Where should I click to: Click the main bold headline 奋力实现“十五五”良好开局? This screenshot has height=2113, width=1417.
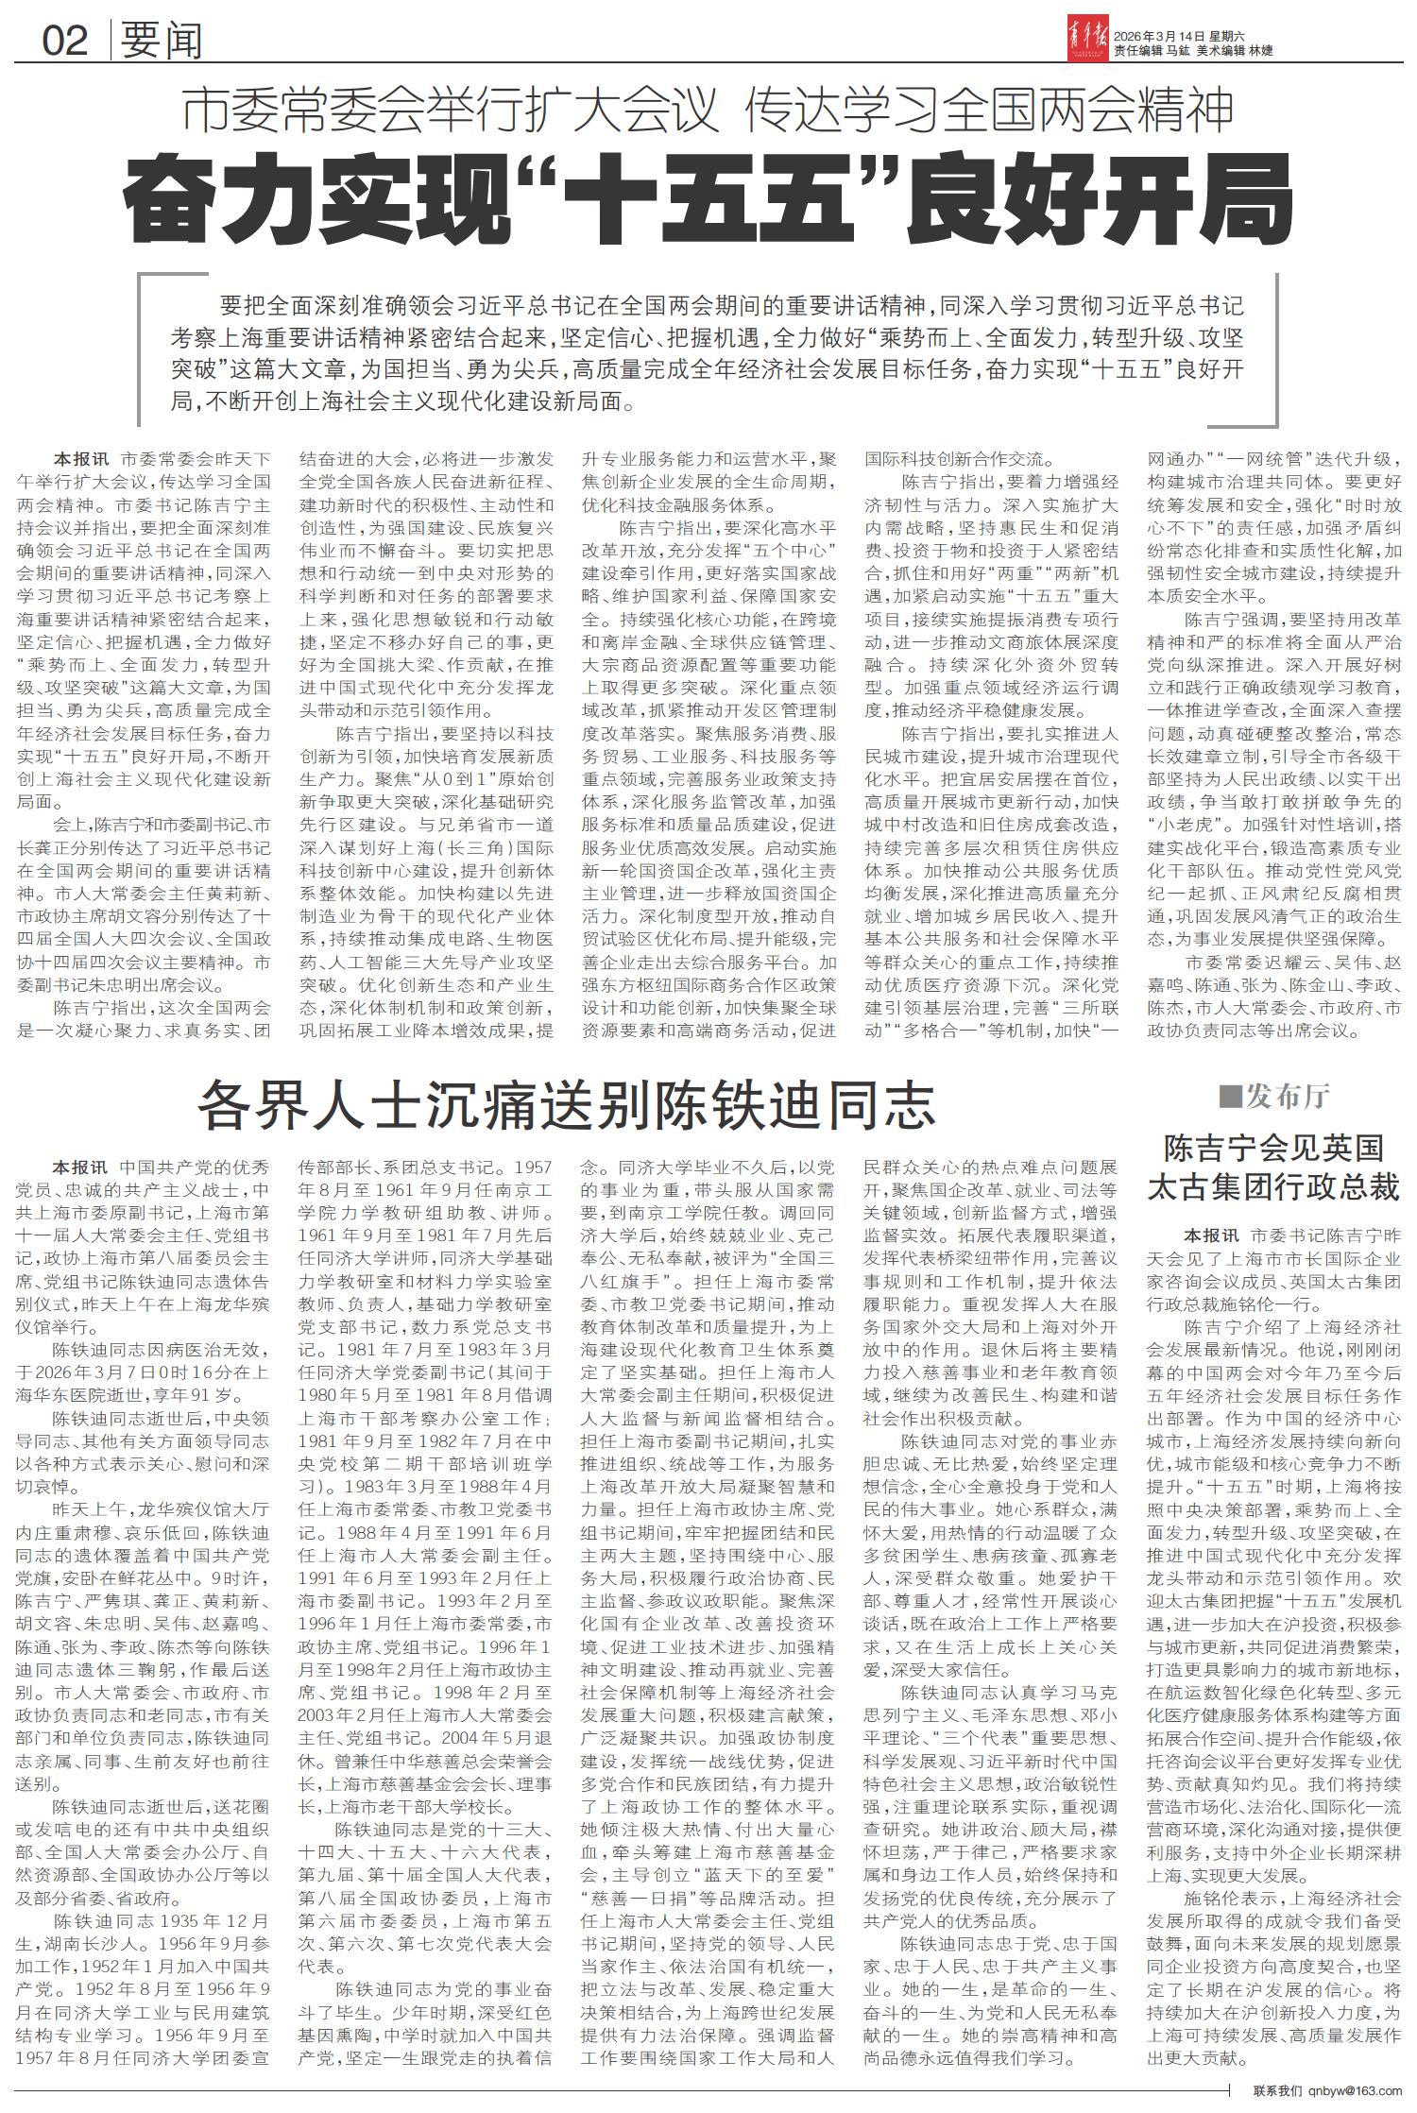pyautogui.click(x=708, y=199)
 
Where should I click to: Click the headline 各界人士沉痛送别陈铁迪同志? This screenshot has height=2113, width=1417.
pyautogui.click(x=566, y=1103)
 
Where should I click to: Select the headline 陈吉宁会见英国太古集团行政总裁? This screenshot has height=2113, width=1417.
pyautogui.click(x=1272, y=1167)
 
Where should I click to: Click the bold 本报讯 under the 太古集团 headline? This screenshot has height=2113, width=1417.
pyautogui.click(x=1212, y=1234)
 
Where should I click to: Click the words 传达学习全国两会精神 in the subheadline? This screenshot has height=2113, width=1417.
pyautogui.click(x=989, y=111)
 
